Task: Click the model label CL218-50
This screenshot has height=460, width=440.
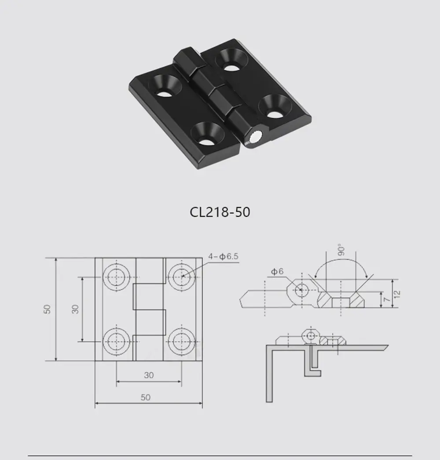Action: (x=220, y=212)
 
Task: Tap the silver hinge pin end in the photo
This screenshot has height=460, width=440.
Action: (x=256, y=138)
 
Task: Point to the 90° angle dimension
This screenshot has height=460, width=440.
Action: (x=342, y=251)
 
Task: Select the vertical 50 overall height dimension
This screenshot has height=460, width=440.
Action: (x=48, y=309)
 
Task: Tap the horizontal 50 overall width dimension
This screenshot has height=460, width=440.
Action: (x=146, y=397)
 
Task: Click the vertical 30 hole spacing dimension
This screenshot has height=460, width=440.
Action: (x=75, y=309)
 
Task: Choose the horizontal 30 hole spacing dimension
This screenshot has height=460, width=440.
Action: (x=149, y=375)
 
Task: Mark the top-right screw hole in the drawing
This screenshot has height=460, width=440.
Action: (x=180, y=277)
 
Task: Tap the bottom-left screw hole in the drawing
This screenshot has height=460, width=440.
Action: (x=116, y=341)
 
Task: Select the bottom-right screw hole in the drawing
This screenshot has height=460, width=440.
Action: (x=180, y=341)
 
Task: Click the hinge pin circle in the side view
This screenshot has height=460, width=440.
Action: (x=301, y=290)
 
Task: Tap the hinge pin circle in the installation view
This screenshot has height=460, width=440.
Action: (x=311, y=336)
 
